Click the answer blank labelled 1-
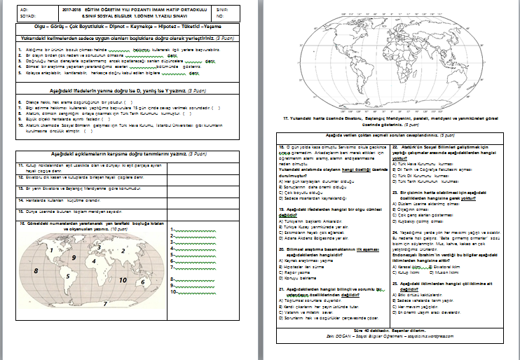pyautogui.click(x=184, y=231)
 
